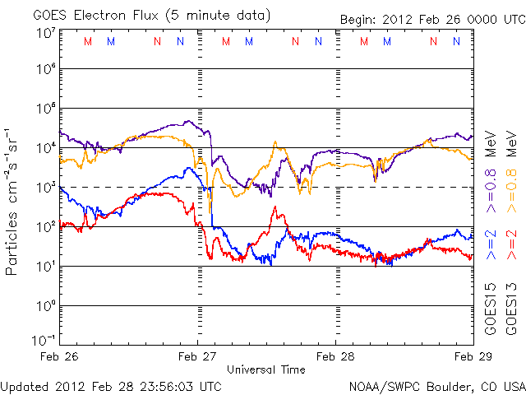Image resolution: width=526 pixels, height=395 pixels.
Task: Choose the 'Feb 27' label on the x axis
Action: point(198,356)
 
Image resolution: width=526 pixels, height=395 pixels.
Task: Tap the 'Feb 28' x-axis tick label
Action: point(335,356)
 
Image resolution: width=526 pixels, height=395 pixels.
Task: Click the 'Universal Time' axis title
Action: point(266,369)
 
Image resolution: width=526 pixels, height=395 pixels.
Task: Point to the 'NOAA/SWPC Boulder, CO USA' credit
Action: point(436,386)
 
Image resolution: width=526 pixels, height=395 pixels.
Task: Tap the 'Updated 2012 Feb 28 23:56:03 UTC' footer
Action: point(111,386)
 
